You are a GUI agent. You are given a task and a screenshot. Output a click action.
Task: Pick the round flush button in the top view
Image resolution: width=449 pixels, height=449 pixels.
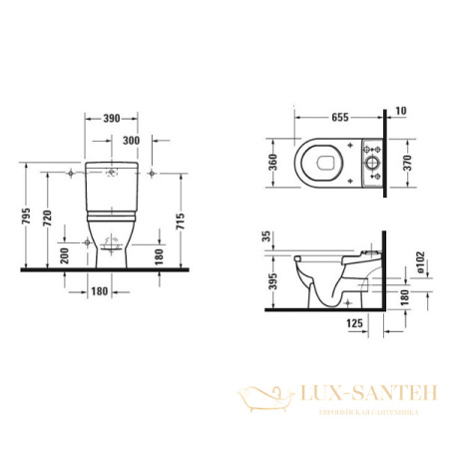click(373, 162)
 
